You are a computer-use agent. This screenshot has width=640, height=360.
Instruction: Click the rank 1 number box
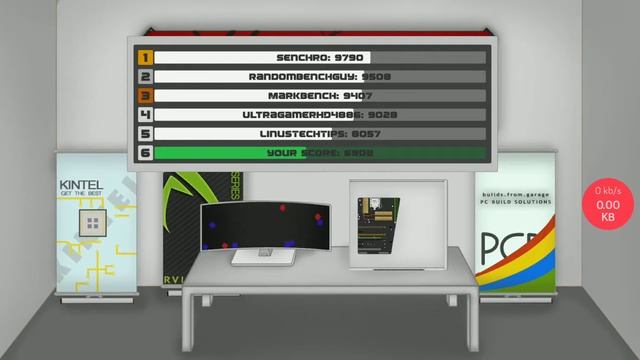[x=145, y=58]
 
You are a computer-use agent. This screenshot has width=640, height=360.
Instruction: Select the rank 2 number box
[x=145, y=77]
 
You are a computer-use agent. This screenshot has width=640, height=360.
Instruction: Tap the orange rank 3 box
[x=145, y=96]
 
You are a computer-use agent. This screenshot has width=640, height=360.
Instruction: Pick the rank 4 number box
[x=145, y=115]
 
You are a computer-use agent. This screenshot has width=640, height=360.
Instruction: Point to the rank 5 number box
[x=145, y=134]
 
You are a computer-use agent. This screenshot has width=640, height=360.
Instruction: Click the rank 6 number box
[x=145, y=153]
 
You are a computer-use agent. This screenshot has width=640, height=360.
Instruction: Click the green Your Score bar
[x=320, y=153]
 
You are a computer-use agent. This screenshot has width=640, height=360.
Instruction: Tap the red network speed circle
[x=607, y=203]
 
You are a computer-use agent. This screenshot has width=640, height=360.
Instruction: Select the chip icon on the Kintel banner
[x=94, y=221]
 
